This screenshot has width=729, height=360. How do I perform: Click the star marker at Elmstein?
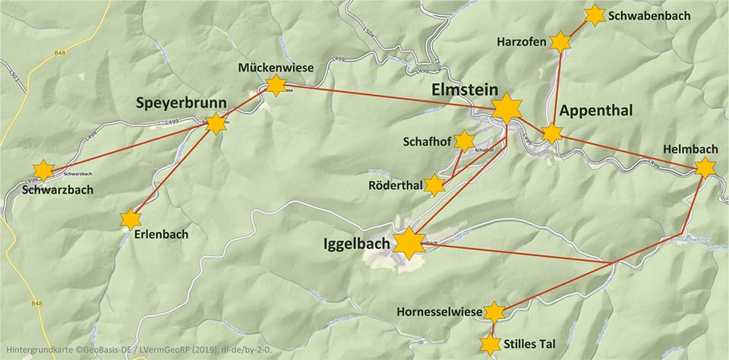coord(506,109)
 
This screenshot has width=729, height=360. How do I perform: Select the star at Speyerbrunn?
coord(216,123)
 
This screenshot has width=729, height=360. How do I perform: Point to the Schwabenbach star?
coord(595,14)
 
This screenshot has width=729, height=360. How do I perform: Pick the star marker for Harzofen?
coord(560,43)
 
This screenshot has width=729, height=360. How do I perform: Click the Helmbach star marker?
coord(705,168)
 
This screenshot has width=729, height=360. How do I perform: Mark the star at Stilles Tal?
coord(491,346)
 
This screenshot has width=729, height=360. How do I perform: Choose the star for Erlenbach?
coord(131,219)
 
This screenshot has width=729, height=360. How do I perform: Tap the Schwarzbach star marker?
coord(44,170)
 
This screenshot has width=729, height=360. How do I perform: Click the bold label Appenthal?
coord(596,111)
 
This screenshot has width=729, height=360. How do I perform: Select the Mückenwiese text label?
coord(276,68)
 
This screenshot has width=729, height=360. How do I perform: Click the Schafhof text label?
coord(428,141)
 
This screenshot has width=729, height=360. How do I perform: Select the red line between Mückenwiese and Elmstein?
coord(387,96)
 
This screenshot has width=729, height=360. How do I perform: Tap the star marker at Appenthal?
coord(552,134)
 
